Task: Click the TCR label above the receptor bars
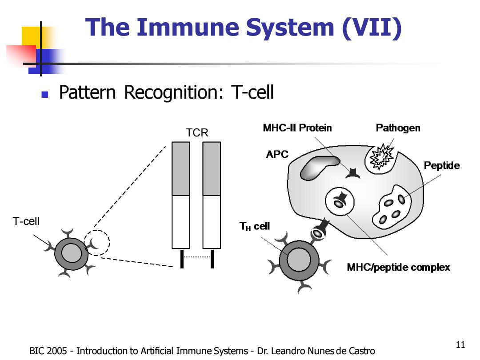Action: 197,132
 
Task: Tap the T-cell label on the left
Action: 26,221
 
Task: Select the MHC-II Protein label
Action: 297,128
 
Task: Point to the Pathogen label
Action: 398,128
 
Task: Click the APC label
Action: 277,154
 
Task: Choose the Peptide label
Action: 442,166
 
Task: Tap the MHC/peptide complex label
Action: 398,267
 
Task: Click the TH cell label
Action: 254,226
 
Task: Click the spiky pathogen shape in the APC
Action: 381,157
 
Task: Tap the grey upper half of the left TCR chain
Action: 180,169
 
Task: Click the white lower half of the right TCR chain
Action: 212,222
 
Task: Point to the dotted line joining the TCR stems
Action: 197,257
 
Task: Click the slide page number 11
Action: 460,345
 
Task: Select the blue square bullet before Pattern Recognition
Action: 45,94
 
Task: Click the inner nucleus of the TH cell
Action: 299,260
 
